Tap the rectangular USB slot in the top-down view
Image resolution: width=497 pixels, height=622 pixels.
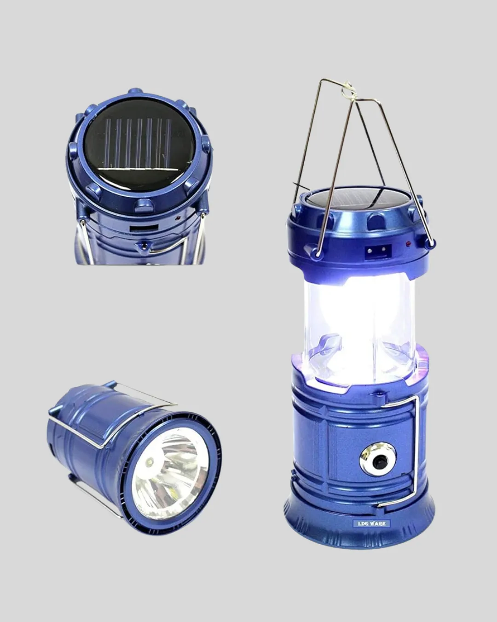point(144,228)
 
